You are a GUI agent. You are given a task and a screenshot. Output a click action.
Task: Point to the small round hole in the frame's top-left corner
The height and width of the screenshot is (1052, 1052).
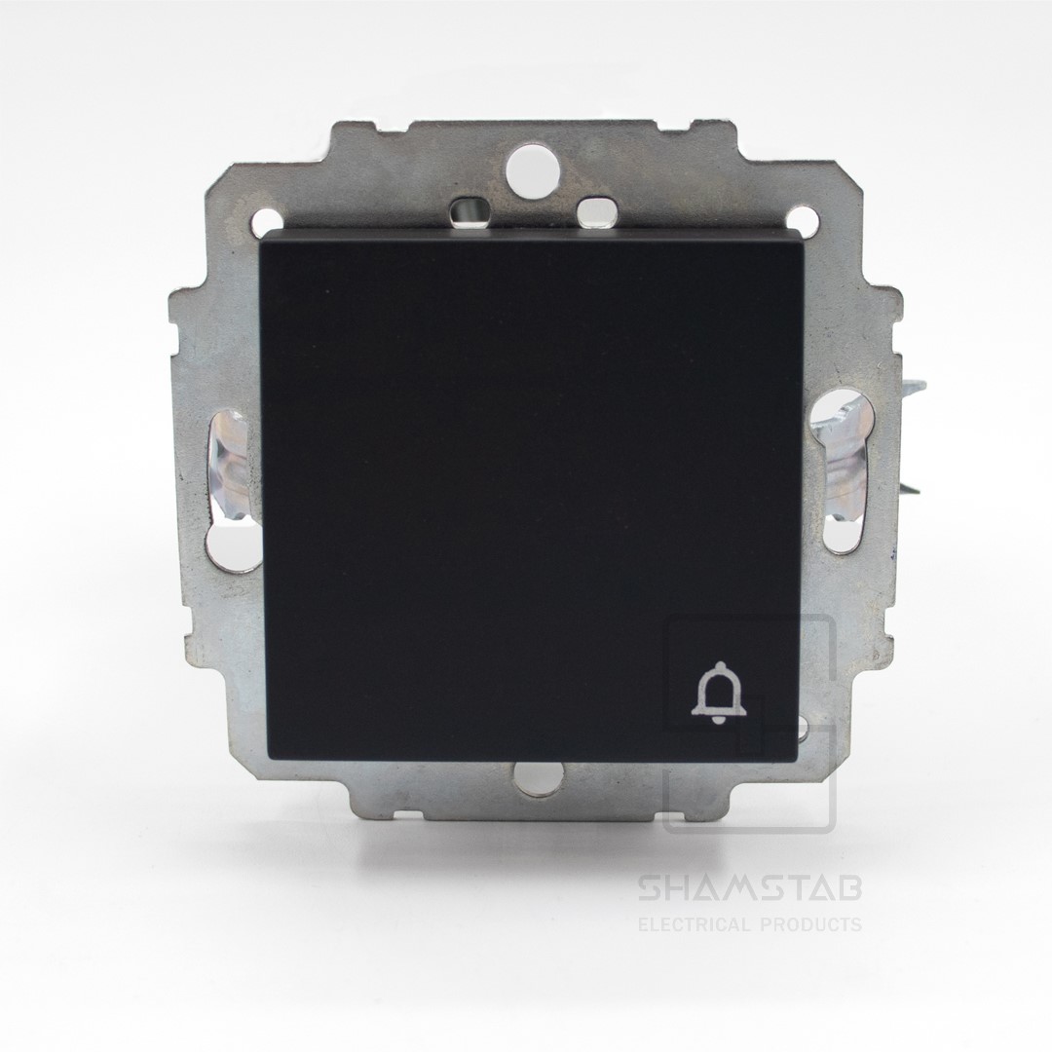coord(267,220)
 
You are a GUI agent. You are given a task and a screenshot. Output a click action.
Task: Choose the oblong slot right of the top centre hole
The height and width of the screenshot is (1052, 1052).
coord(594,210)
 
